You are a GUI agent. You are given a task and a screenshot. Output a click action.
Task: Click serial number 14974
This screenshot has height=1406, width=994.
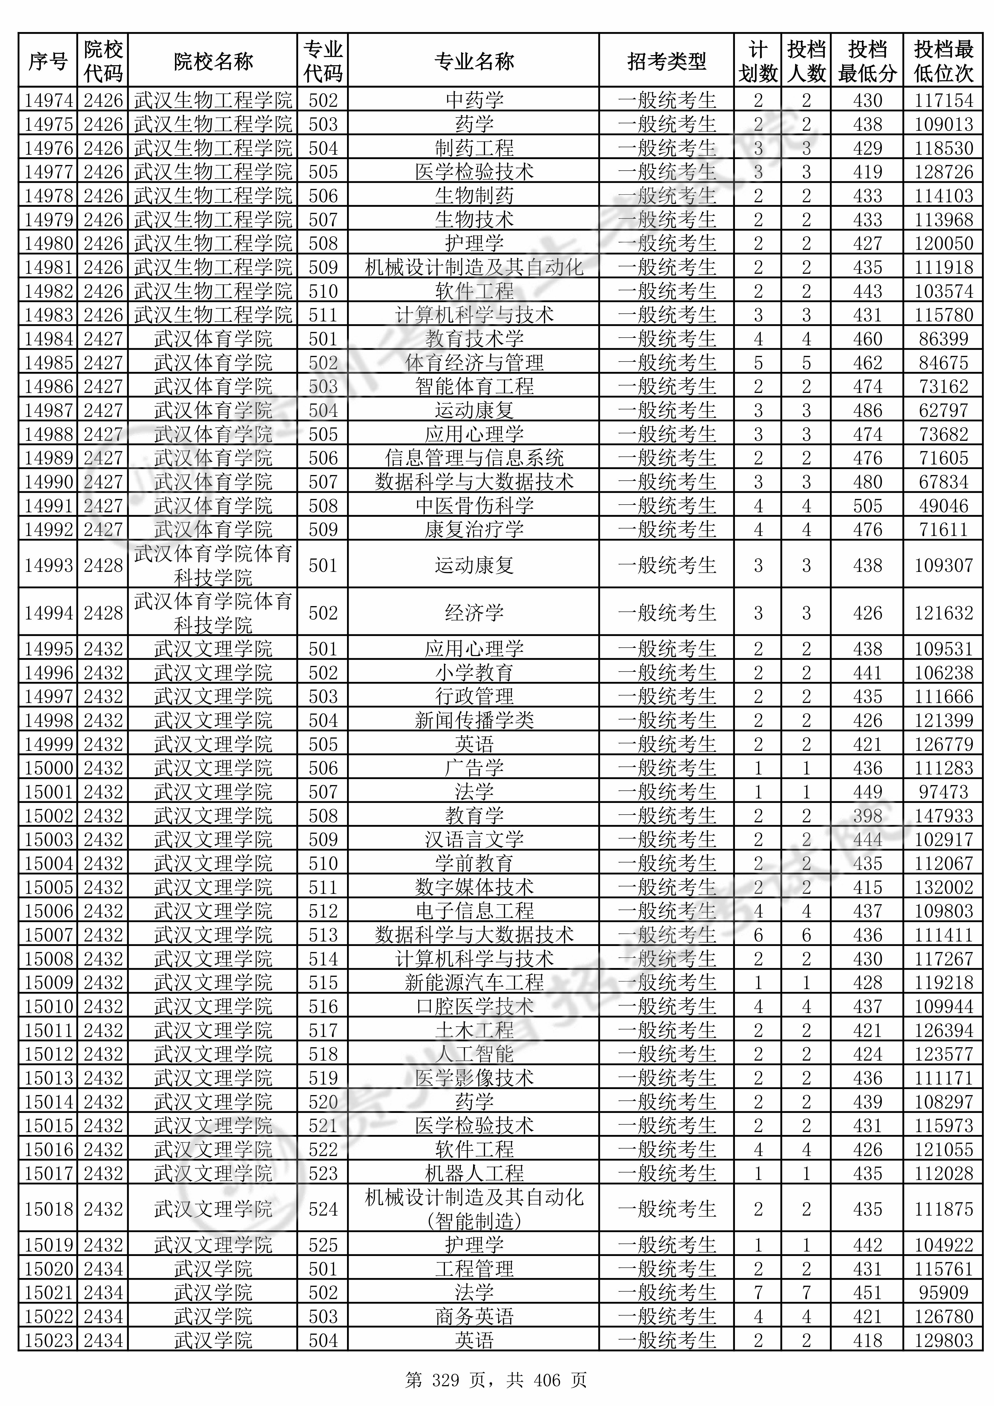coord(48,100)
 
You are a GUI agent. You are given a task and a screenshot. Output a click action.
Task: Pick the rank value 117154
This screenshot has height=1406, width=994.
coord(943,100)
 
